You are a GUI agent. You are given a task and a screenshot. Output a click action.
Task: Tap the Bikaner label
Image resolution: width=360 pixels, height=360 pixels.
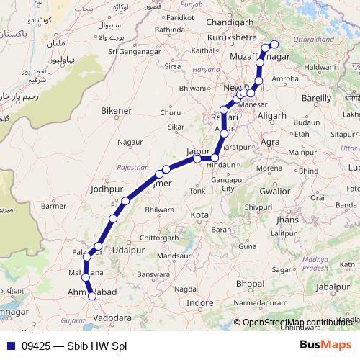[117, 112]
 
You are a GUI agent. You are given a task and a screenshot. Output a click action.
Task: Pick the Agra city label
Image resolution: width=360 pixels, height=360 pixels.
[270, 142]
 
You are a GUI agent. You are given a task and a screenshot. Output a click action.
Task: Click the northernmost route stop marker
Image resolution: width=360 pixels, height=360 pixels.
[274, 45]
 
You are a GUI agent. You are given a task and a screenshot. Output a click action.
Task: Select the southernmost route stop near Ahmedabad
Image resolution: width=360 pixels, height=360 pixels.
[92, 294]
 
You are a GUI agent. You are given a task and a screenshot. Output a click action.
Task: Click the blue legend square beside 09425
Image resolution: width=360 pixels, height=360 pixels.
[10, 345]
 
